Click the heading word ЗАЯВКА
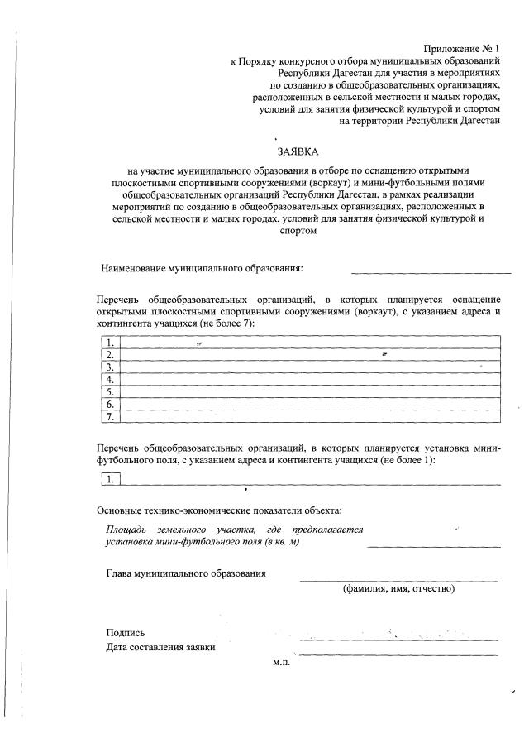tap(298, 151)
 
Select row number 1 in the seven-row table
tap(109, 343)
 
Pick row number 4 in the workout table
tap(109, 379)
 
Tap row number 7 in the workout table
tap(109, 416)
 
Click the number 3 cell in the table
tap(109, 367)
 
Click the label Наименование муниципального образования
tap(202, 268)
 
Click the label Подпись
tap(126, 633)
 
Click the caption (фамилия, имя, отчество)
tap(399, 589)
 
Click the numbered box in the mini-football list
tap(109, 478)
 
